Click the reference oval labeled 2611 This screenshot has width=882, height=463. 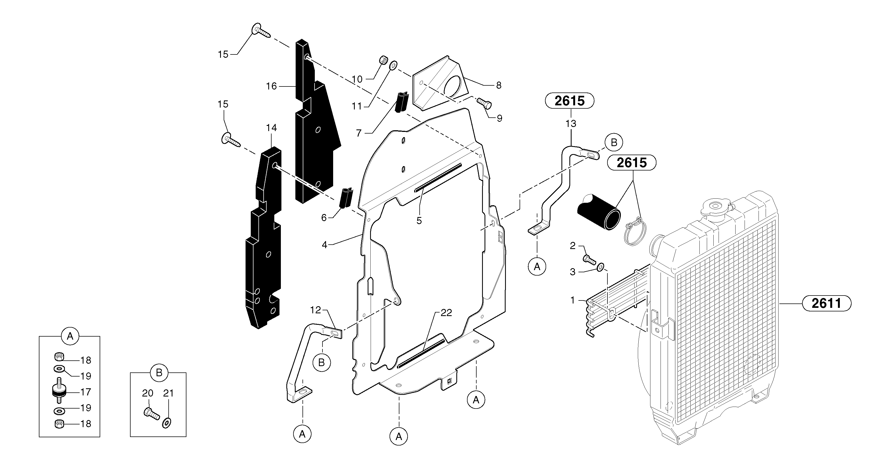826,303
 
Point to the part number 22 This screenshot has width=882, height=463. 446,313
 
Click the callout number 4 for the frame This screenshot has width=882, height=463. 324,245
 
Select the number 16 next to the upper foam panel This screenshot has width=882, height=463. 271,86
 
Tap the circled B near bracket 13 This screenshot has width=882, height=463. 613,142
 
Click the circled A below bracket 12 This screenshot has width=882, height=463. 302,434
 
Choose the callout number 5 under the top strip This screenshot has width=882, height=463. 419,221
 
